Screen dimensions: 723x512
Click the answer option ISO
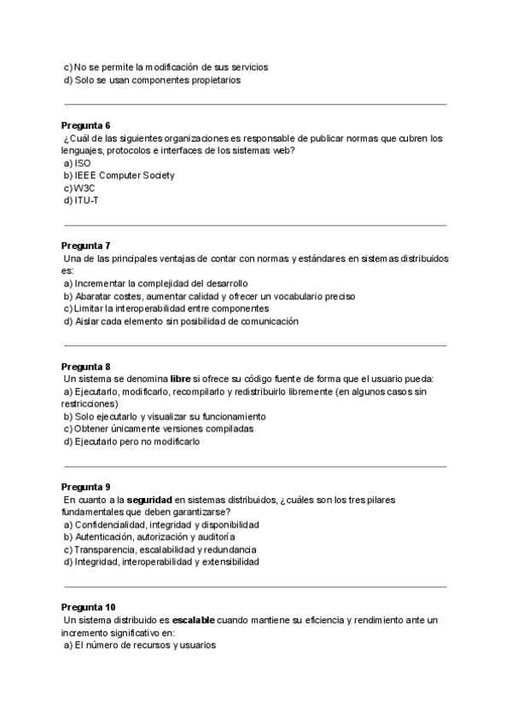click(x=83, y=163)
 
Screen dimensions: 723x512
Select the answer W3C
click(x=85, y=188)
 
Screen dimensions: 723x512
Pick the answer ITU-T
click(x=87, y=200)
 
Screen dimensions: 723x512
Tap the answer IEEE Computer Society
click(x=125, y=175)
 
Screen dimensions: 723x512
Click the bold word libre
click(x=179, y=379)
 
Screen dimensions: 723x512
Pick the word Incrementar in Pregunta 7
click(x=102, y=283)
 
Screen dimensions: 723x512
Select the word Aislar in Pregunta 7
click(x=86, y=321)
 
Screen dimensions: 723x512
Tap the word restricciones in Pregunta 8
click(x=90, y=403)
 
